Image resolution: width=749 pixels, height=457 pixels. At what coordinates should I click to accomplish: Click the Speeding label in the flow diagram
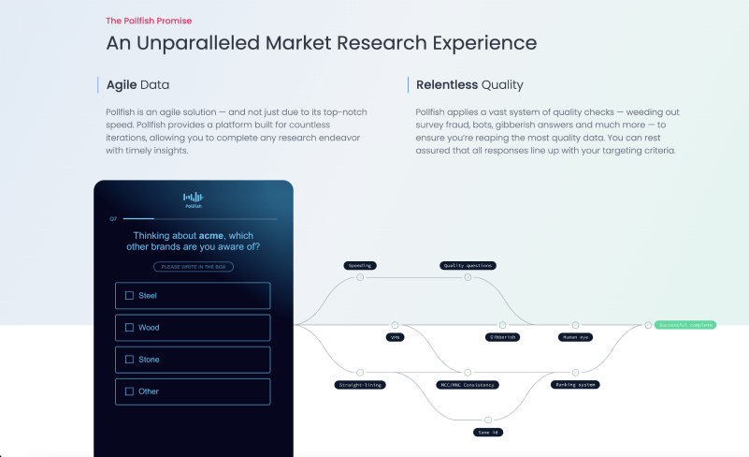pyautogui.click(x=360, y=265)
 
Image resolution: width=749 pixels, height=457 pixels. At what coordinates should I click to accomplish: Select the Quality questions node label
pyautogui.click(x=468, y=265)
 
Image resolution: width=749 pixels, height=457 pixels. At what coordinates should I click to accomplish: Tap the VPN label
pyautogui.click(x=395, y=336)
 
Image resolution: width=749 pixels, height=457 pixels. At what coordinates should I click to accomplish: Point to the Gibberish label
pyautogui.click(x=502, y=336)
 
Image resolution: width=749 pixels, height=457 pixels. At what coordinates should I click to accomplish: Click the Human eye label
pyautogui.click(x=575, y=336)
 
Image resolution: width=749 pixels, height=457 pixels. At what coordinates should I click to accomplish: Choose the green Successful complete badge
pyautogui.click(x=685, y=325)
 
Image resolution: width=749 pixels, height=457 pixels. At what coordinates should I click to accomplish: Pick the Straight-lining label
pyautogui.click(x=360, y=384)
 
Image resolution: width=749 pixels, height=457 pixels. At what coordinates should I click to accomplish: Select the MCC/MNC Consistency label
pyautogui.click(x=468, y=384)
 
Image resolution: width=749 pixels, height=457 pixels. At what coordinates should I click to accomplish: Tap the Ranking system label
pyautogui.click(x=575, y=384)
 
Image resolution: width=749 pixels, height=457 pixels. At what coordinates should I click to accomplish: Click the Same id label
pyautogui.click(x=487, y=432)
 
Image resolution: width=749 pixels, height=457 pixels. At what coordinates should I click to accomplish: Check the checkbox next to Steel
pyautogui.click(x=129, y=296)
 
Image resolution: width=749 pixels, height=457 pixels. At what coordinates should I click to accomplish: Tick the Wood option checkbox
pyautogui.click(x=129, y=328)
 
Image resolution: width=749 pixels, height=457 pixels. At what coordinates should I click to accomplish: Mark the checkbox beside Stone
pyautogui.click(x=129, y=360)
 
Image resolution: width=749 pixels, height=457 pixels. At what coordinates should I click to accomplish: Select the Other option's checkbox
pyautogui.click(x=129, y=391)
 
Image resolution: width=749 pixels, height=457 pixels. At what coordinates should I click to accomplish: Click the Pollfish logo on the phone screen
pyautogui.click(x=193, y=199)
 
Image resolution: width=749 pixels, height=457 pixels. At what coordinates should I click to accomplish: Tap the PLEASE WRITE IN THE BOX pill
pyautogui.click(x=193, y=267)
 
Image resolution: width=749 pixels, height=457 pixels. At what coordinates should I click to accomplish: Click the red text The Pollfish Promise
pyautogui.click(x=149, y=20)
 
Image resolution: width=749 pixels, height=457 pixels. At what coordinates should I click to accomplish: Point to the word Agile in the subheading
pyautogui.click(x=122, y=85)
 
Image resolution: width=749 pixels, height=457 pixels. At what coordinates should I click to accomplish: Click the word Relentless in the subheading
pyautogui.click(x=446, y=85)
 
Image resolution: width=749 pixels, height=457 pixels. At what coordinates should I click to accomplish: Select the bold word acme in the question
pyautogui.click(x=212, y=235)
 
